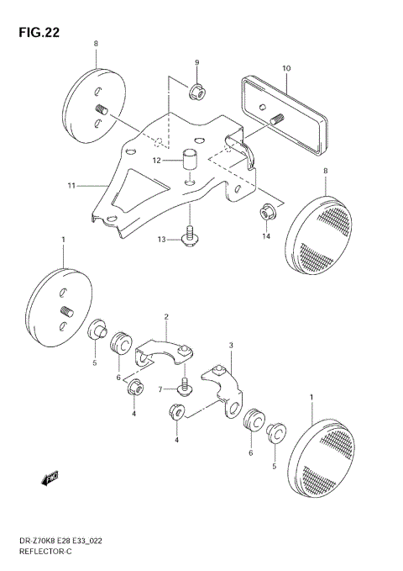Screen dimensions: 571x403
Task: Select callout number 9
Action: (196, 63)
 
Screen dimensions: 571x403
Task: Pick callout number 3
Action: (231, 345)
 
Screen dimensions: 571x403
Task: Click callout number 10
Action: (286, 68)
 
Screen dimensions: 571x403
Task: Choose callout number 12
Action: (157, 160)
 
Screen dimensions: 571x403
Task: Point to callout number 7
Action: (160, 389)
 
